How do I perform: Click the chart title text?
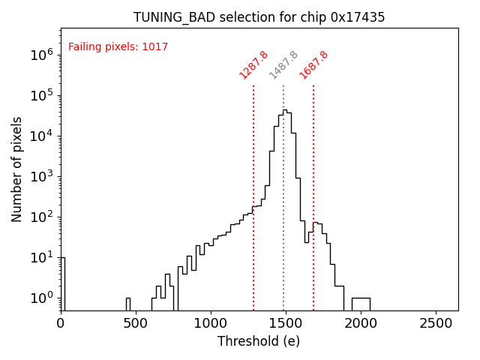pyautogui.click(x=259, y=17)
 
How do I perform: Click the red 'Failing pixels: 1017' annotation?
pyautogui.click(x=118, y=47)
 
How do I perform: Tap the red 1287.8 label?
pyautogui.click(x=253, y=65)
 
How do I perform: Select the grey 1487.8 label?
pyautogui.click(x=283, y=65)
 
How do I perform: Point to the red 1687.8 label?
pyautogui.click(x=313, y=65)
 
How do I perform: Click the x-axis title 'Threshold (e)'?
pyautogui.click(x=259, y=341)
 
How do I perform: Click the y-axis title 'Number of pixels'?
pyautogui.click(x=17, y=169)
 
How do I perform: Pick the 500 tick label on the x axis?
pyautogui.click(x=136, y=323)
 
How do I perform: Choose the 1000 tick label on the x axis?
pyautogui.click(x=211, y=323)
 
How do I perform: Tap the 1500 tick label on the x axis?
pyautogui.click(x=286, y=323)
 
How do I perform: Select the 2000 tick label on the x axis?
pyautogui.click(x=361, y=323)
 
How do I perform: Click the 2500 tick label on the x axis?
pyautogui.click(x=436, y=323)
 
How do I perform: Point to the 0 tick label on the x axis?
pyautogui.click(x=61, y=323)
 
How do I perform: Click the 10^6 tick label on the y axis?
pyautogui.click(x=41, y=55)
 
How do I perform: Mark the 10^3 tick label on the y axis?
pyautogui.click(x=41, y=176)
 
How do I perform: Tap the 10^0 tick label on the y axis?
pyautogui.click(x=41, y=298)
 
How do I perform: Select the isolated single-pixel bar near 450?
pyautogui.click(x=128, y=304)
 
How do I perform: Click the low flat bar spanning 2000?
pyautogui.click(x=361, y=303)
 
